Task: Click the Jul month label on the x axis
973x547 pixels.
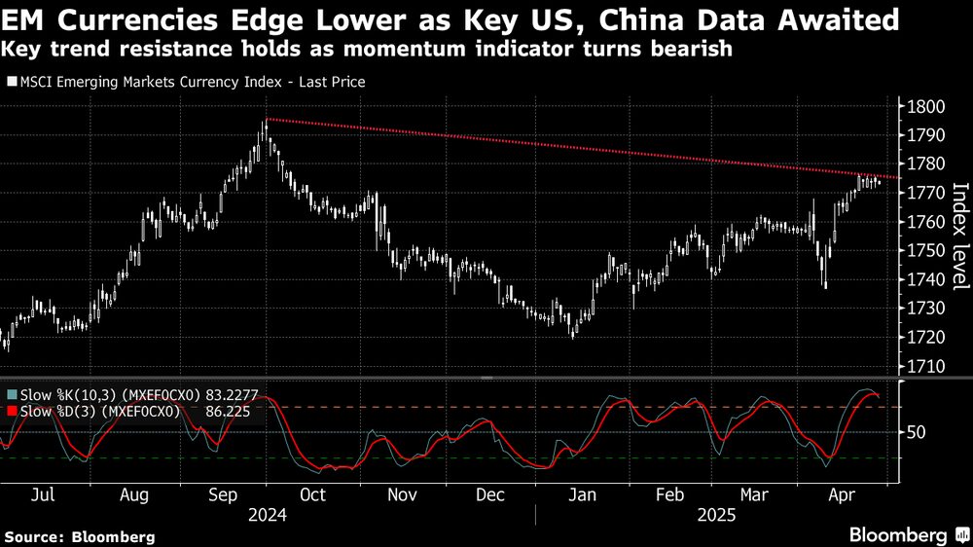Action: (42, 494)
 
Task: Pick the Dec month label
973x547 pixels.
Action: (490, 494)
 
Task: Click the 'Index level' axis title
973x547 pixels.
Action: (958, 237)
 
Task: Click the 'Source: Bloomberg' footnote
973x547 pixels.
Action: (79, 536)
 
